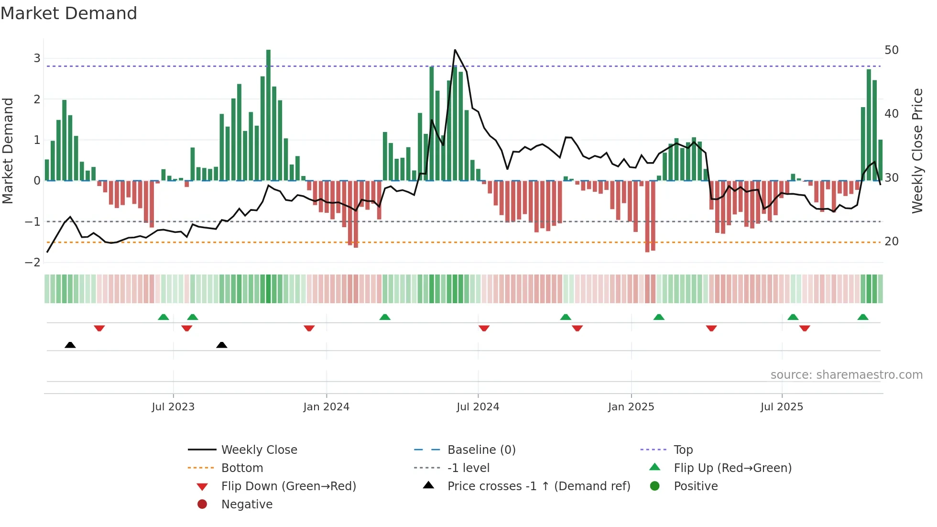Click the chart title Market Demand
(69, 13)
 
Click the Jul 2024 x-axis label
(478, 407)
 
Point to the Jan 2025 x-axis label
(631, 407)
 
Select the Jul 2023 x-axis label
(173, 407)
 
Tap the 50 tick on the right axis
(892, 50)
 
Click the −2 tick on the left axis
(33, 263)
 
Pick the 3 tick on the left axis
(37, 58)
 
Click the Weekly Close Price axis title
(917, 151)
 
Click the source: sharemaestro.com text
(846, 375)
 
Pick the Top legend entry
(683, 450)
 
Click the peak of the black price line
(455, 50)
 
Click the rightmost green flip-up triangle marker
(863, 317)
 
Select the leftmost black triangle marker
(70, 345)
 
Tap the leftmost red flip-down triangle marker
(99, 328)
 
